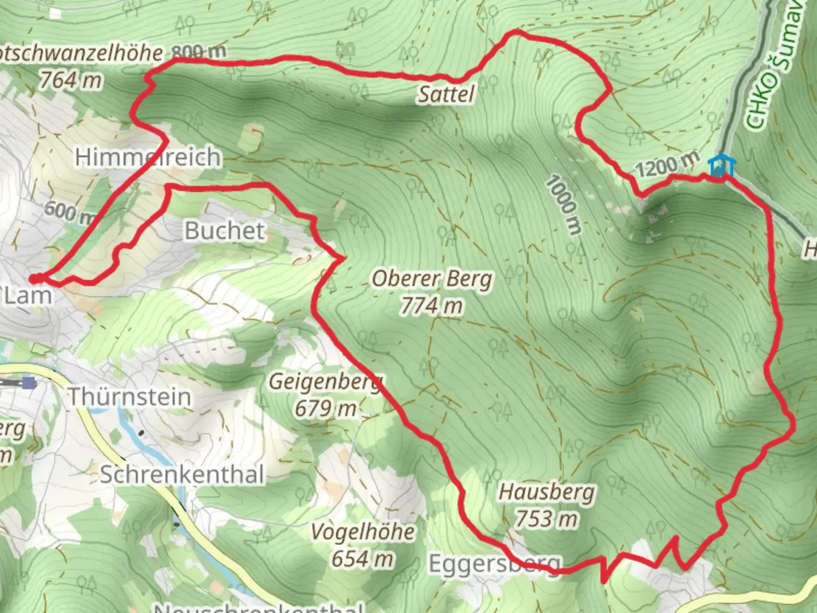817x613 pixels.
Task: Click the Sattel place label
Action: pyautogui.click(x=446, y=94)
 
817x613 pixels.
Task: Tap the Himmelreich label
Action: pyautogui.click(x=148, y=157)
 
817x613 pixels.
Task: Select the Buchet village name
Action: pyautogui.click(x=225, y=230)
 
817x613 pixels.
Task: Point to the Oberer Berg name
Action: pyautogui.click(x=432, y=279)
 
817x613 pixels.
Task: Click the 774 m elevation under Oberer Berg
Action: pyautogui.click(x=432, y=306)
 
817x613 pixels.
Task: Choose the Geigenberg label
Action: pyautogui.click(x=326, y=381)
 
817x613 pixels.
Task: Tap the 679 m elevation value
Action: pyautogui.click(x=326, y=408)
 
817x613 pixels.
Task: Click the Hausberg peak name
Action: pyautogui.click(x=546, y=492)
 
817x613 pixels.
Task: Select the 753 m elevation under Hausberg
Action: pyautogui.click(x=546, y=518)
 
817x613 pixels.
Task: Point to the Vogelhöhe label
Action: pyautogui.click(x=363, y=532)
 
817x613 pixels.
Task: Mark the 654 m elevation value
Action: pyautogui.click(x=363, y=559)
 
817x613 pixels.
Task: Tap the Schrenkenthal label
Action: pyautogui.click(x=182, y=475)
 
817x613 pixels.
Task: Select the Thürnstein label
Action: pyautogui.click(x=129, y=397)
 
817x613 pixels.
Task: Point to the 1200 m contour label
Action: pyautogui.click(x=666, y=165)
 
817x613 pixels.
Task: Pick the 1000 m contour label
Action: pyautogui.click(x=564, y=205)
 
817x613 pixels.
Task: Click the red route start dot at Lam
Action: pyautogui.click(x=35, y=278)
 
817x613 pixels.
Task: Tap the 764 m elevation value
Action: pyautogui.click(x=71, y=80)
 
